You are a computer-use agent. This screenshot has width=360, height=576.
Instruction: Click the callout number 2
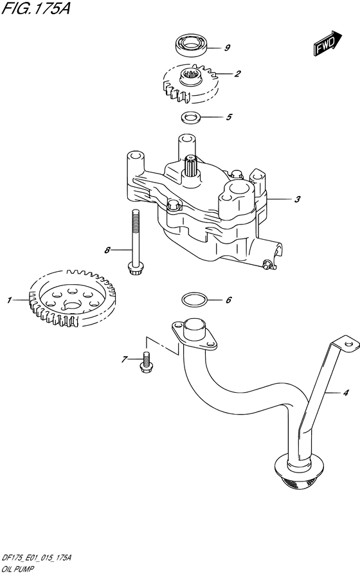pos(237,74)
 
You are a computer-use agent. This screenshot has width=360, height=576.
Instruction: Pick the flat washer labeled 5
pos(190,117)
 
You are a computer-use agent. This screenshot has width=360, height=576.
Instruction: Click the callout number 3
pos(298,199)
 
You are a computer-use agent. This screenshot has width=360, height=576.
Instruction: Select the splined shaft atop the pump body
pos(190,168)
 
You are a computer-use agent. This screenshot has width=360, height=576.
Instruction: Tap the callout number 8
pos(108,249)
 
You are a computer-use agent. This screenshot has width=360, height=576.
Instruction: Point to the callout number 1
pos(10,300)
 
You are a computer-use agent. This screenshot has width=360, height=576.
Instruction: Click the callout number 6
pos(228,300)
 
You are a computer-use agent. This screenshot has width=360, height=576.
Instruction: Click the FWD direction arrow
pos(327,42)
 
